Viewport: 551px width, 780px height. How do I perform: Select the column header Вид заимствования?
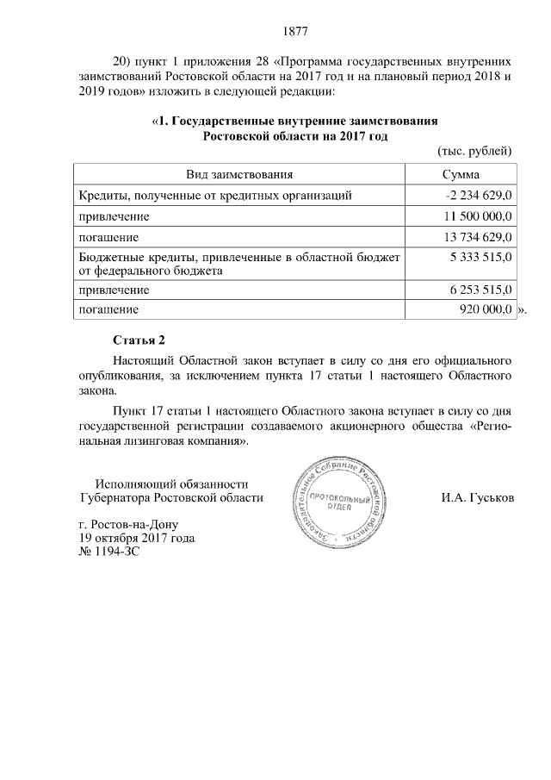click(x=239, y=175)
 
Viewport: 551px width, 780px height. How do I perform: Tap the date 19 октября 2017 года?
click(x=136, y=538)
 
